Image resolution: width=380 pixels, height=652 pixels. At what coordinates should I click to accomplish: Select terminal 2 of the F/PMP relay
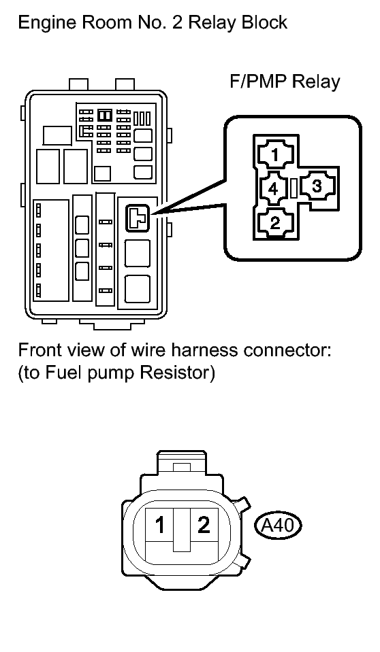[x=275, y=223]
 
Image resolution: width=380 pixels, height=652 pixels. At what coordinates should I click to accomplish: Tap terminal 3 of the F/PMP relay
[x=317, y=186]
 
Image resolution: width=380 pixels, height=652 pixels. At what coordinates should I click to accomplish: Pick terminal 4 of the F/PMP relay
[x=273, y=189]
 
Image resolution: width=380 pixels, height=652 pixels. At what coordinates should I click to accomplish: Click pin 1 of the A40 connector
[x=160, y=525]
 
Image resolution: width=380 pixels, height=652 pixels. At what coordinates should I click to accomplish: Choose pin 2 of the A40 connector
[x=204, y=525]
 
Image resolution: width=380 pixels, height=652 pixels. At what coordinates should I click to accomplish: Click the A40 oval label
[x=277, y=526]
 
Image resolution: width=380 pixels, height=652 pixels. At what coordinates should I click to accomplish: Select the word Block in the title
[x=265, y=22]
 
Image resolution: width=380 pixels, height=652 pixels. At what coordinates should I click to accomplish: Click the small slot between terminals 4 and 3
[x=294, y=188]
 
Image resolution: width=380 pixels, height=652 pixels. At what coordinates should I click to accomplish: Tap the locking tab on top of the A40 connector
[x=181, y=462]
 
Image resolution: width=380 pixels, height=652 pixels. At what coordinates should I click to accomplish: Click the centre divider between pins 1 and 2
[x=182, y=530]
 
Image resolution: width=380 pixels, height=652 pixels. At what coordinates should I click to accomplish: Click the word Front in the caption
[x=39, y=350]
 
